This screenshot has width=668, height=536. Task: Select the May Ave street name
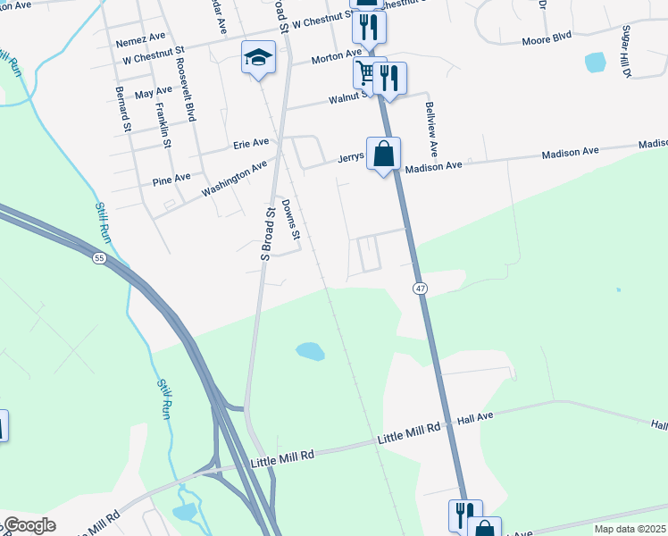tap(153, 92)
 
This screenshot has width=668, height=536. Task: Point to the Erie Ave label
tap(251, 143)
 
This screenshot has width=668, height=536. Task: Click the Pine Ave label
tap(171, 178)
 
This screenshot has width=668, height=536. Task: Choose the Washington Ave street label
tap(234, 178)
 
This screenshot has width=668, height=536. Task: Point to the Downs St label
tap(289, 219)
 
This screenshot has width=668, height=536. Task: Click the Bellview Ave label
tap(431, 129)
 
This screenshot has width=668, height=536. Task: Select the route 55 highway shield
tap(99, 258)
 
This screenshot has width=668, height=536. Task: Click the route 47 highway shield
tap(419, 289)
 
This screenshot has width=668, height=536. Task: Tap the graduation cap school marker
tap(257, 58)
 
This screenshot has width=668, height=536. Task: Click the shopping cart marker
tap(366, 71)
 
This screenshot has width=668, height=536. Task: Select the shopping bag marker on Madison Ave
tap(383, 154)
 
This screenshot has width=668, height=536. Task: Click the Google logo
tap(29, 525)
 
